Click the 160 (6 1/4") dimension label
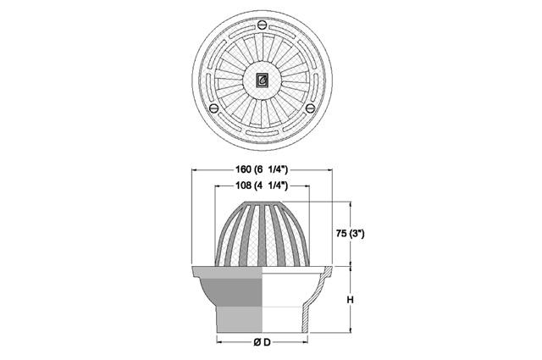coord(262,169)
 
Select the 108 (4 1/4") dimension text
coord(262,186)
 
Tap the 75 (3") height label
coord(350,234)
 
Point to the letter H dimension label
coord(351,300)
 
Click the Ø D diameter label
coord(262,342)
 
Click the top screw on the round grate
coord(262,25)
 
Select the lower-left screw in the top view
coord(214,108)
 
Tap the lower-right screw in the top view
coord(310,108)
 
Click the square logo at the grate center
coord(262,80)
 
